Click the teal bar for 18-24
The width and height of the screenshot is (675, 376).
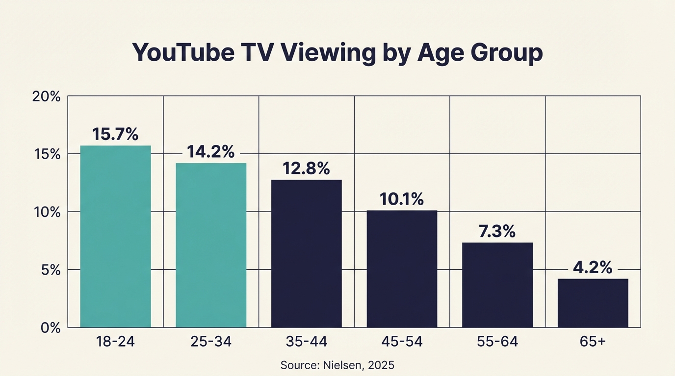[115, 236]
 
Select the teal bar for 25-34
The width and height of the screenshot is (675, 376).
[211, 245]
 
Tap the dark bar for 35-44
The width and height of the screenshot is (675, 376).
[306, 254]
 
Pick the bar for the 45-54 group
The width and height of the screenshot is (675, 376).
[402, 269]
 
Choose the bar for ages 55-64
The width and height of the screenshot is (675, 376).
[497, 285]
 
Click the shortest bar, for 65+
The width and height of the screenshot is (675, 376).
[593, 303]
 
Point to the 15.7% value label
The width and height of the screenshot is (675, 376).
[115, 134]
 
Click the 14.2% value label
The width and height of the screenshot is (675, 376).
[211, 152]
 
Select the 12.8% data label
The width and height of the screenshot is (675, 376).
[306, 168]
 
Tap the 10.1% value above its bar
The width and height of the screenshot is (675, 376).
[402, 199]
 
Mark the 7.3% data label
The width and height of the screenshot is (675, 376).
[497, 231]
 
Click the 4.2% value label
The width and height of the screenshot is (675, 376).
[593, 268]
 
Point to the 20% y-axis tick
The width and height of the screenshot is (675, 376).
[46, 96]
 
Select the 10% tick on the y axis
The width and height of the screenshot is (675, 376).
[46, 212]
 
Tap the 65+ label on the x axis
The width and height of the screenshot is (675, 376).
[593, 342]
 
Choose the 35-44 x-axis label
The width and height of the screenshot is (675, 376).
[306, 342]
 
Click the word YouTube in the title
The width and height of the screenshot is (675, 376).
[183, 53]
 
